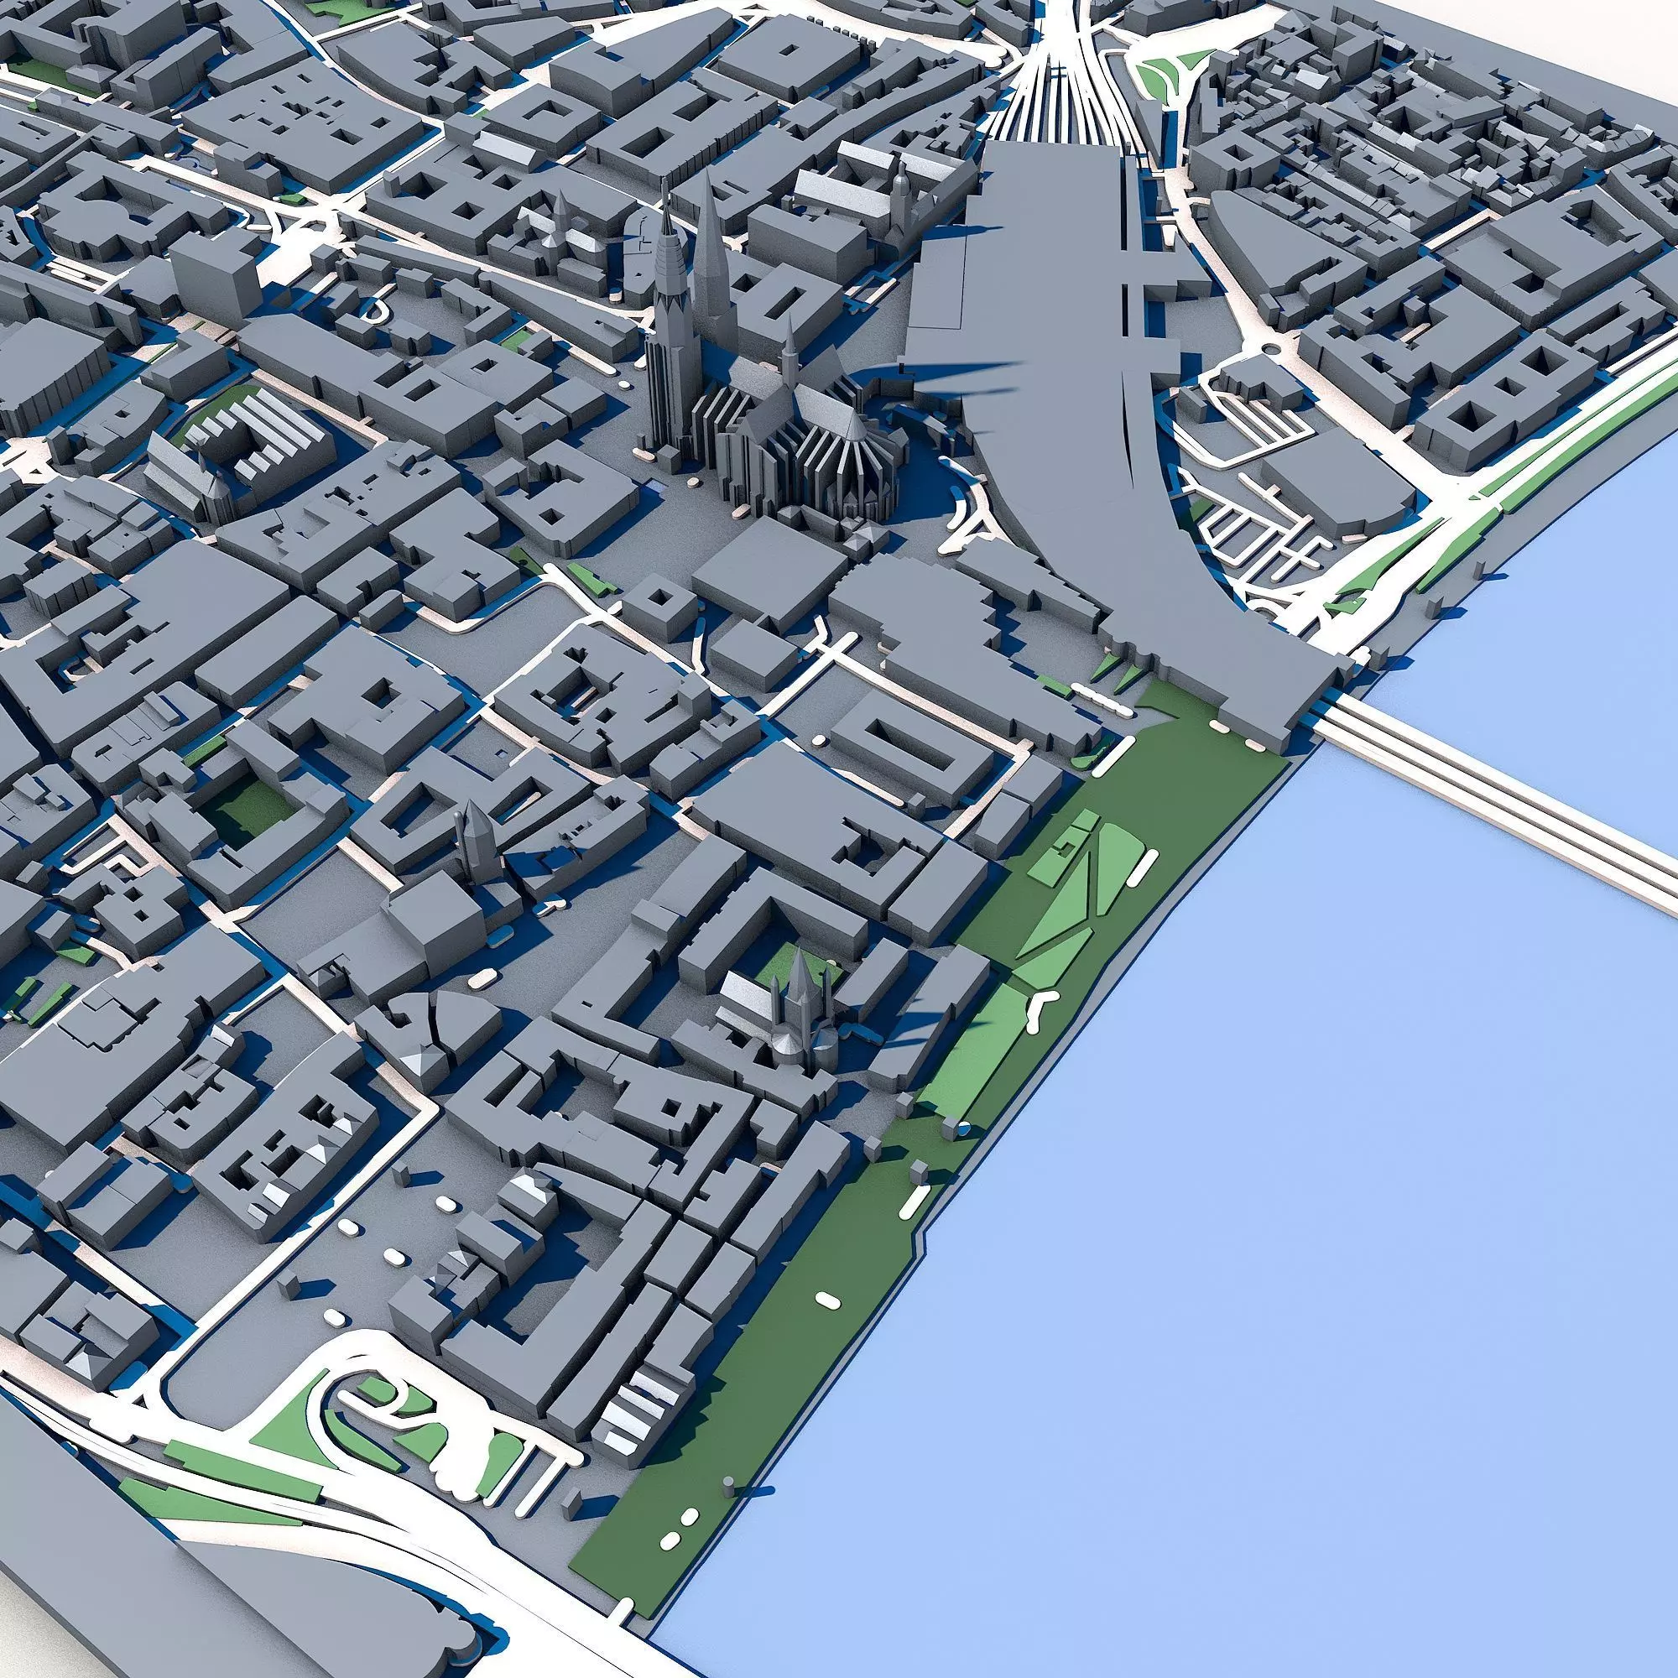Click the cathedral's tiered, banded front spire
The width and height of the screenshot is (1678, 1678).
(670, 287)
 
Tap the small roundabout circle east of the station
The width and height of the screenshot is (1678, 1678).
(1274, 349)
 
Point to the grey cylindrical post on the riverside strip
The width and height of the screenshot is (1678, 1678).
(727, 1483)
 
